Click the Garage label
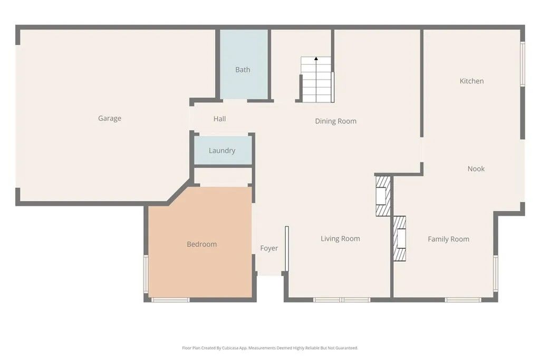pyautogui.click(x=110, y=119)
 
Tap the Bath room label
pyautogui.click(x=243, y=70)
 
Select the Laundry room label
pyautogui.click(x=222, y=151)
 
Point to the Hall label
pyautogui.click(x=220, y=119)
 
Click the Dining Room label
pyautogui.click(x=336, y=121)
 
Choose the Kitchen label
pyautogui.click(x=472, y=81)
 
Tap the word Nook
pyautogui.click(x=476, y=169)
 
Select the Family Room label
pyautogui.click(x=448, y=239)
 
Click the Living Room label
pyautogui.click(x=341, y=239)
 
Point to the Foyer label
pyautogui.click(x=269, y=248)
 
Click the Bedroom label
pyautogui.click(x=202, y=245)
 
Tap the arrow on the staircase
pyautogui.click(x=316, y=59)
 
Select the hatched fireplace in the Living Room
pyautogui.click(x=383, y=196)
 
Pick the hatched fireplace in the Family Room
pyautogui.click(x=400, y=239)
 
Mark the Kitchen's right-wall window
pyautogui.click(x=523, y=64)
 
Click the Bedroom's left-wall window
pyautogui.click(x=146, y=273)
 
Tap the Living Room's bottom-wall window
pyautogui.click(x=342, y=300)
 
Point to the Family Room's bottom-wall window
pyautogui.click(x=463, y=300)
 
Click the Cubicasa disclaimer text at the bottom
pyautogui.click(x=270, y=348)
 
